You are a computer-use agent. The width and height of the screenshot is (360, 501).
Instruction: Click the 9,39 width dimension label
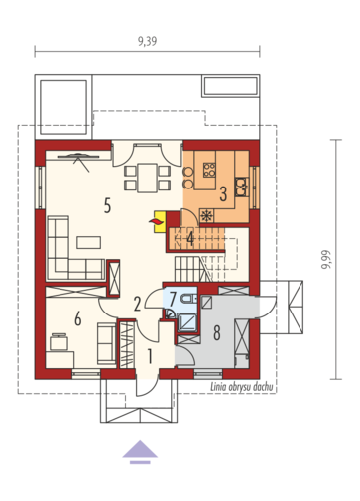(148, 41)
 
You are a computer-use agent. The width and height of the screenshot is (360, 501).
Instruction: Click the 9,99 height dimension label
(326, 259)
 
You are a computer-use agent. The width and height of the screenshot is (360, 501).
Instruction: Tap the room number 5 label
(107, 205)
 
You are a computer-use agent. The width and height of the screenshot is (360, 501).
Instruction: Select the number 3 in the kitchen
(223, 194)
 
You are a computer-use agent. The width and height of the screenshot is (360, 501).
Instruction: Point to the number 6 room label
(78, 318)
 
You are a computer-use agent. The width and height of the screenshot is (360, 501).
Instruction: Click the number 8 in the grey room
(217, 332)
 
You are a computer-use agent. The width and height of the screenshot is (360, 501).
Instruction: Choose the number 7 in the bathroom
(173, 299)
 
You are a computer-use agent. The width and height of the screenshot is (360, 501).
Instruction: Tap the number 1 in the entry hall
(150, 357)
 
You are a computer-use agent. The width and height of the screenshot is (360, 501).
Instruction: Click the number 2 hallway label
(137, 304)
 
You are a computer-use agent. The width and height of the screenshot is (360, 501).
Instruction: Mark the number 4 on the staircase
(190, 238)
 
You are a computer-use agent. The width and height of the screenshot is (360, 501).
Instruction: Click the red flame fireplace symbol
(157, 222)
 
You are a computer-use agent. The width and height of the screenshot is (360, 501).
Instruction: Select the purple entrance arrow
(140, 452)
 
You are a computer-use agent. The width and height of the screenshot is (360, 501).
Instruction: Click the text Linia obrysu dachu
(242, 387)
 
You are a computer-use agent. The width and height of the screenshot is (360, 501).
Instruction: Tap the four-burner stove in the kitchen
(209, 170)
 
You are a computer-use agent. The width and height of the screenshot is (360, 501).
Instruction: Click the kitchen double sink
(242, 187)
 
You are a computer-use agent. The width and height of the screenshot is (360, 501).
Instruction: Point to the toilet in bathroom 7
(189, 299)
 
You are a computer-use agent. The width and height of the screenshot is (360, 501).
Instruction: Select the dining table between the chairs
(148, 178)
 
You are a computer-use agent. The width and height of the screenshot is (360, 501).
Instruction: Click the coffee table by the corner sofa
(89, 242)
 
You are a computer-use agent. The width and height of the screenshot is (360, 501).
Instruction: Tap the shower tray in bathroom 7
(187, 322)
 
